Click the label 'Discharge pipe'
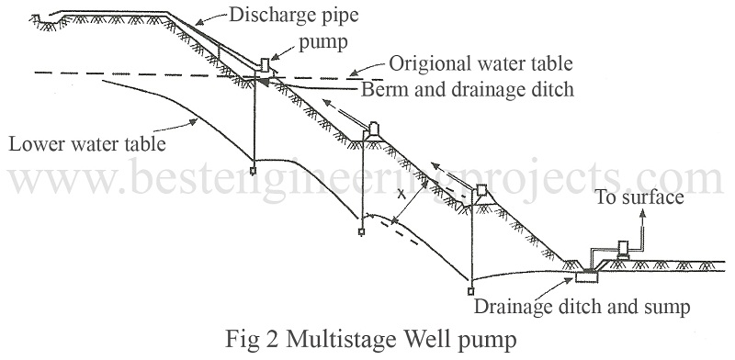pyautogui.click(x=293, y=16)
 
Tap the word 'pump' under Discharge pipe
pyautogui.click(x=323, y=42)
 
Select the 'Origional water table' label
pyautogui.click(x=481, y=63)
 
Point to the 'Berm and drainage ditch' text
pyautogui.click(x=468, y=89)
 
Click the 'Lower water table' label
pyautogui.click(x=87, y=143)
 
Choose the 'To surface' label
pyautogui.click(x=639, y=197)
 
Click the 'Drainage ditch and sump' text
pyautogui.click(x=582, y=307)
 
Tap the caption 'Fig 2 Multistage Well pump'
pyautogui.click(x=371, y=339)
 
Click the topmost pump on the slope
pyautogui.click(x=265, y=65)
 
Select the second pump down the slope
pyautogui.click(x=374, y=129)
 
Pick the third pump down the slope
pyautogui.click(x=481, y=191)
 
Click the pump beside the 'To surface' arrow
pyautogui.click(x=624, y=249)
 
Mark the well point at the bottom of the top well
pyautogui.click(x=254, y=171)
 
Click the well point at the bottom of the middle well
pyautogui.click(x=361, y=231)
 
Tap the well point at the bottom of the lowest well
pyautogui.click(x=471, y=291)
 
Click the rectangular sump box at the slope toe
pyautogui.click(x=587, y=277)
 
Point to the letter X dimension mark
pyautogui.click(x=401, y=194)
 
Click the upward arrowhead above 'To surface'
pyautogui.click(x=642, y=213)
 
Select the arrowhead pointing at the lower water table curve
pyautogui.click(x=192, y=122)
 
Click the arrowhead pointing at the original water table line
pyautogui.click(x=355, y=73)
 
